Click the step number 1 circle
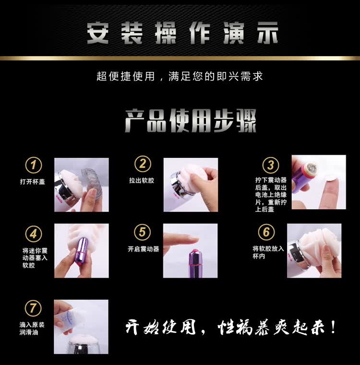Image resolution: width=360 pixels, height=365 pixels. pos(34,165)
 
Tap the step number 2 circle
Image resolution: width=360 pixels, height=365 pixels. pos(143,164)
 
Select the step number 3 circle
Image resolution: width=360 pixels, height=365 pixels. pos(271,165)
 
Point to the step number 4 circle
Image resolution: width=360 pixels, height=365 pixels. pos(34,234)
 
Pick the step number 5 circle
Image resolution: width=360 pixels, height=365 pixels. pos(143,232)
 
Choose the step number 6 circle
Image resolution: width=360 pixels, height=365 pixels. pos(266,232)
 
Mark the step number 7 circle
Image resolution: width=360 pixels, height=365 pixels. pos(33,308)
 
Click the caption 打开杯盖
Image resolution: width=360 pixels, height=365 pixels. pos(32,182)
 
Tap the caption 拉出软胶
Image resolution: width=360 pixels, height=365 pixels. pos(142,180)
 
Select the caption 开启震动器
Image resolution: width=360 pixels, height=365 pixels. pos(144,249)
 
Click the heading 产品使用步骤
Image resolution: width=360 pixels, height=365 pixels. pos(191,120)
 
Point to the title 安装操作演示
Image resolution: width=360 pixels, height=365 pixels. pos(183,33)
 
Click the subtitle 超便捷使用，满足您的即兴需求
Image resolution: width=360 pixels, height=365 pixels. pos(180,76)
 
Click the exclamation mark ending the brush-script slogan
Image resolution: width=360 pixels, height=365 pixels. pos(333,327)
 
